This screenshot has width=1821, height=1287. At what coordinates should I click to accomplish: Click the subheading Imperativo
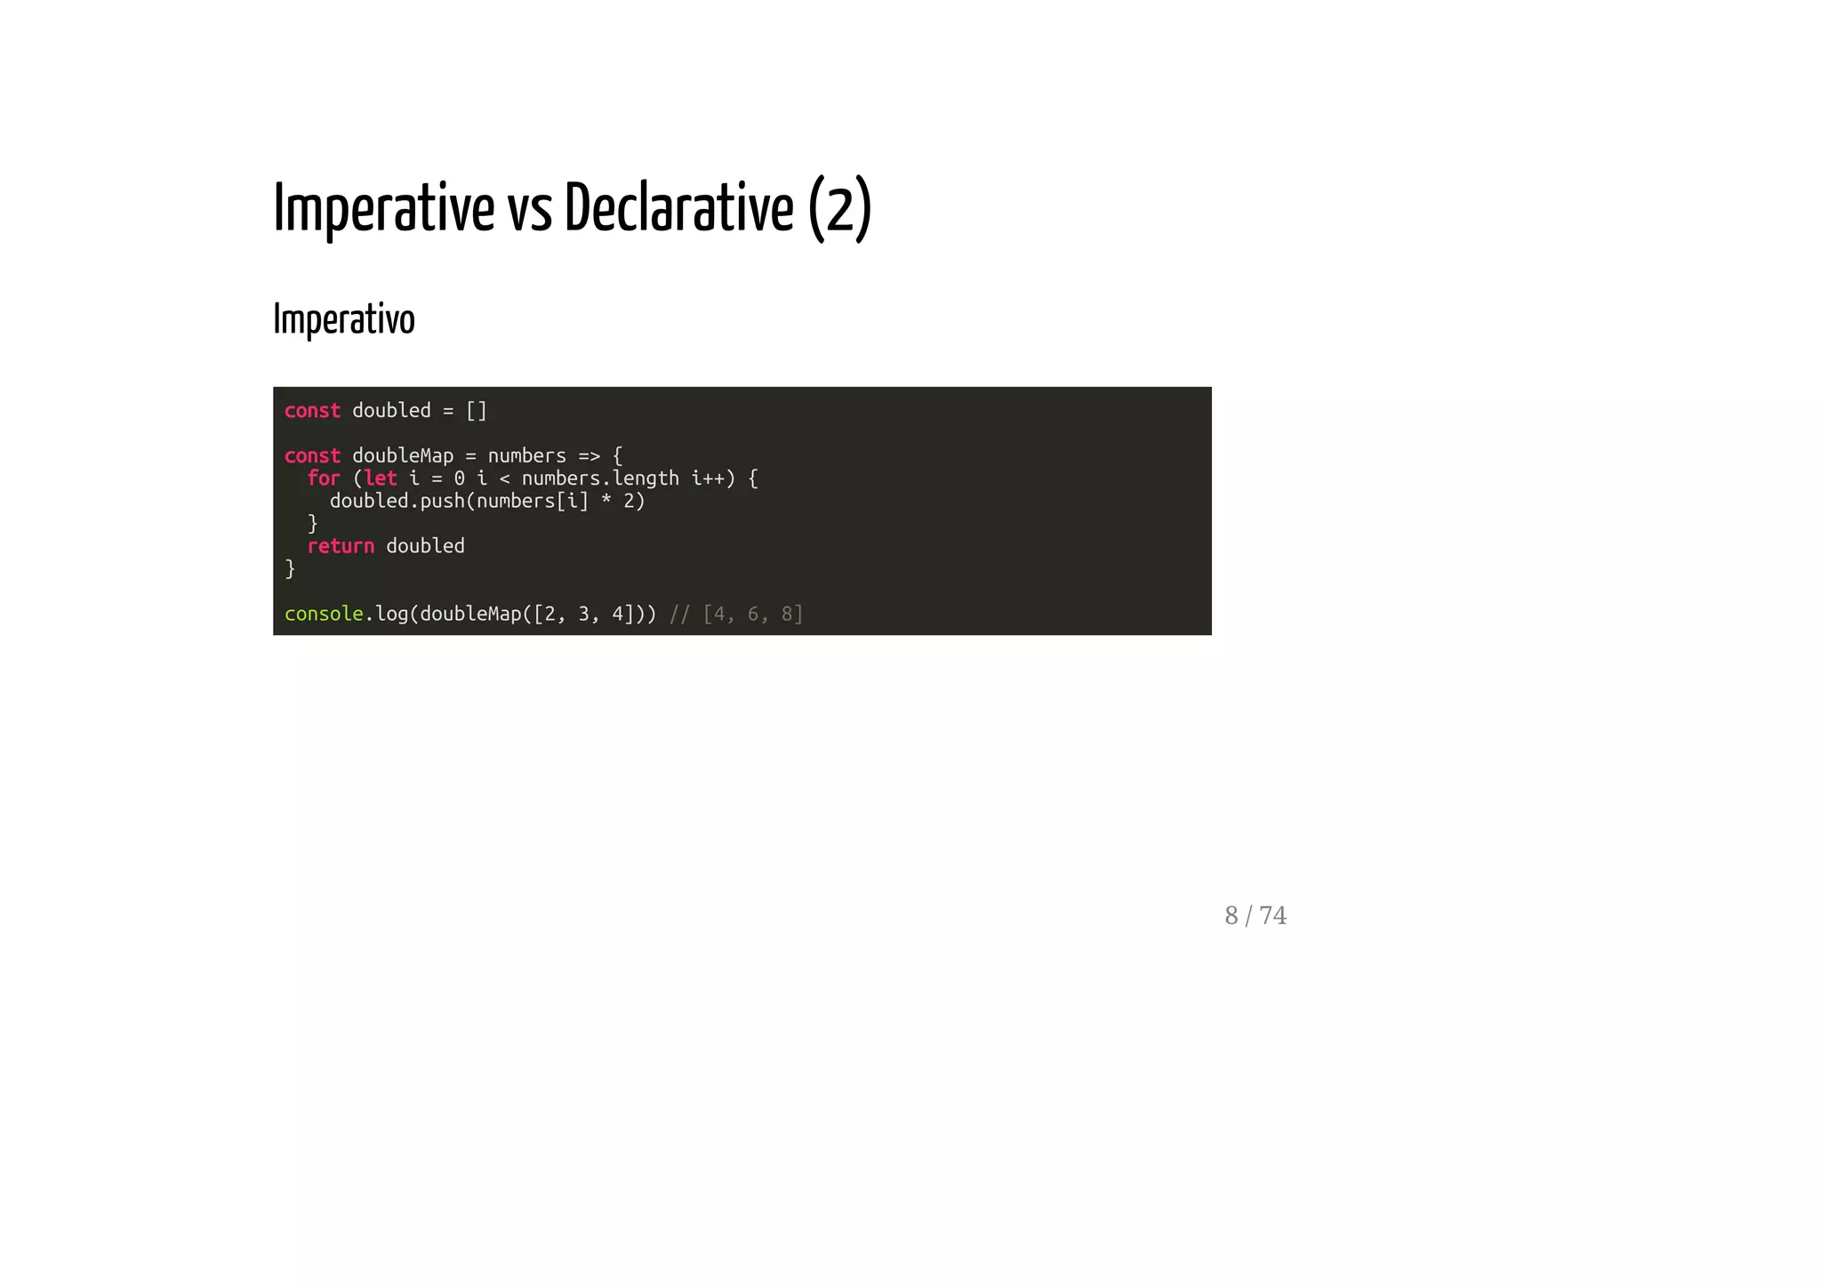tap(343, 319)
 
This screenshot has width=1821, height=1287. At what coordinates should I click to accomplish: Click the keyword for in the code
tap(324, 479)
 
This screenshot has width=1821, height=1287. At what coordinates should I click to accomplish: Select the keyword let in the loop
tap(381, 479)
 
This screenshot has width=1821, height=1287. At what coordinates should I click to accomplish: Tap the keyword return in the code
tap(341, 546)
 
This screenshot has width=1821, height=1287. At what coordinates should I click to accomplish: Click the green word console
tap(324, 614)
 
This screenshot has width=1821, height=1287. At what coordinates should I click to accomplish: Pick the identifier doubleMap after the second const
tap(403, 455)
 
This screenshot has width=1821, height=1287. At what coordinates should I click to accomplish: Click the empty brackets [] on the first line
tap(477, 411)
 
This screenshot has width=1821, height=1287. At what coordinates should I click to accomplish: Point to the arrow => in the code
tap(589, 456)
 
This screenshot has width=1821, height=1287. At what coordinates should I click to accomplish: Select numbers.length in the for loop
tap(600, 479)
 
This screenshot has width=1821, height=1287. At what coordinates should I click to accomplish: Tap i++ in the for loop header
tap(709, 479)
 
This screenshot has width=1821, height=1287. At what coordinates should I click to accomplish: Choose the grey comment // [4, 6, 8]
tap(736, 614)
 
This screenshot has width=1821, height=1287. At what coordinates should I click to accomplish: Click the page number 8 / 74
tap(1255, 915)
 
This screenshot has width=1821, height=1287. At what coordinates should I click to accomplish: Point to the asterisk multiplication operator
tap(606, 502)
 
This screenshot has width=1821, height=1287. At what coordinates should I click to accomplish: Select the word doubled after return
tap(425, 546)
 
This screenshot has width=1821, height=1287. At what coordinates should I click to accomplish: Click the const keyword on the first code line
tap(312, 411)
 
